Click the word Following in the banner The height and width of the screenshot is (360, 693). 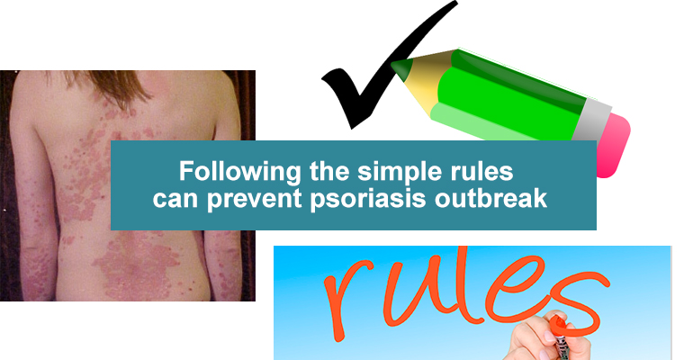tap(240, 172)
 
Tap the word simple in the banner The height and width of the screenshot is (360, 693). tap(399, 172)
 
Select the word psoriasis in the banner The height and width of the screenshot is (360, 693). tap(368, 199)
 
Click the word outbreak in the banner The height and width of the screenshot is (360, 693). tap(490, 198)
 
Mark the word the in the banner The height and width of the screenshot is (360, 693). tap(329, 172)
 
